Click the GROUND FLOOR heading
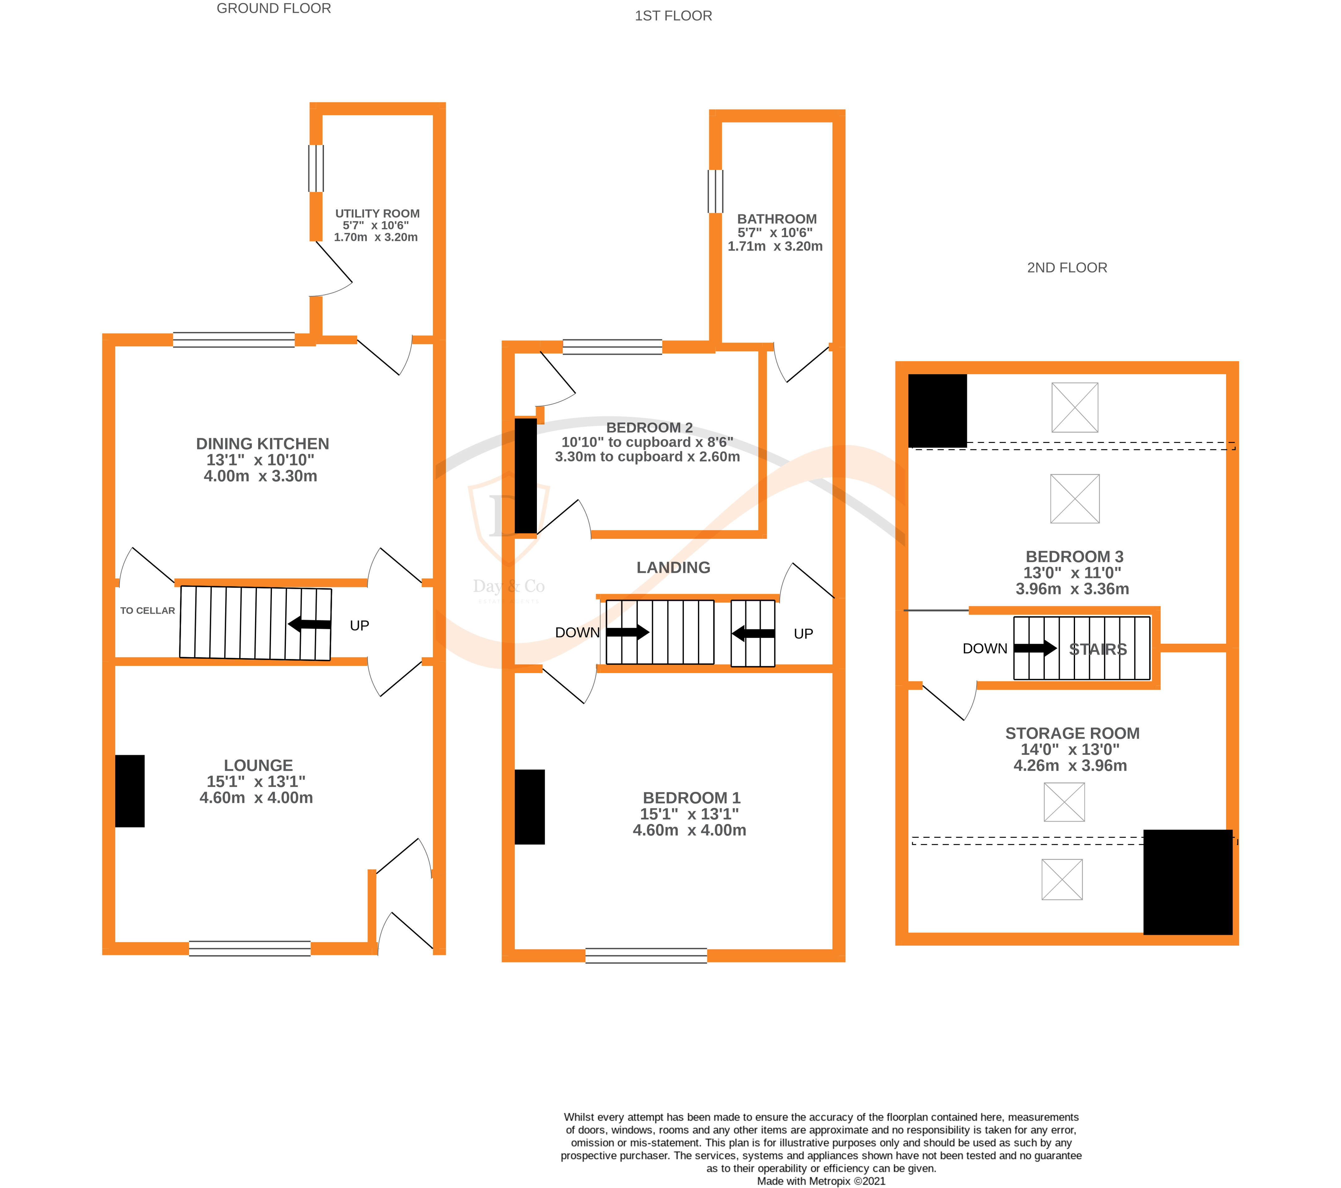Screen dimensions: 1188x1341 [273, 8]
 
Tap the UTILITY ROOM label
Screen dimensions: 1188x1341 [377, 214]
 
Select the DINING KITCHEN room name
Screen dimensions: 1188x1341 [263, 444]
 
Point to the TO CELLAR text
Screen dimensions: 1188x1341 [148, 610]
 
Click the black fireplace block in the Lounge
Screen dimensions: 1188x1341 [130, 791]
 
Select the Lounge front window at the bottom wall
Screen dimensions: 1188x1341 [249, 948]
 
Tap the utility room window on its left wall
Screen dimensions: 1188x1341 [316, 168]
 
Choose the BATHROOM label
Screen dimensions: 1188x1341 [777, 219]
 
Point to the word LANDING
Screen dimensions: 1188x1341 [673, 568]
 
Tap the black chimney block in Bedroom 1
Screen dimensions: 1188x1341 [529, 807]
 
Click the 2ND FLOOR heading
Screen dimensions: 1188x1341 [1067, 268]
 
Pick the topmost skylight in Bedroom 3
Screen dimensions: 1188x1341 [1075, 407]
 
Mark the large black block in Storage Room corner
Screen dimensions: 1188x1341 [1187, 882]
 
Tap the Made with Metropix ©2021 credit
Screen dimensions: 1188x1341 [821, 1181]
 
